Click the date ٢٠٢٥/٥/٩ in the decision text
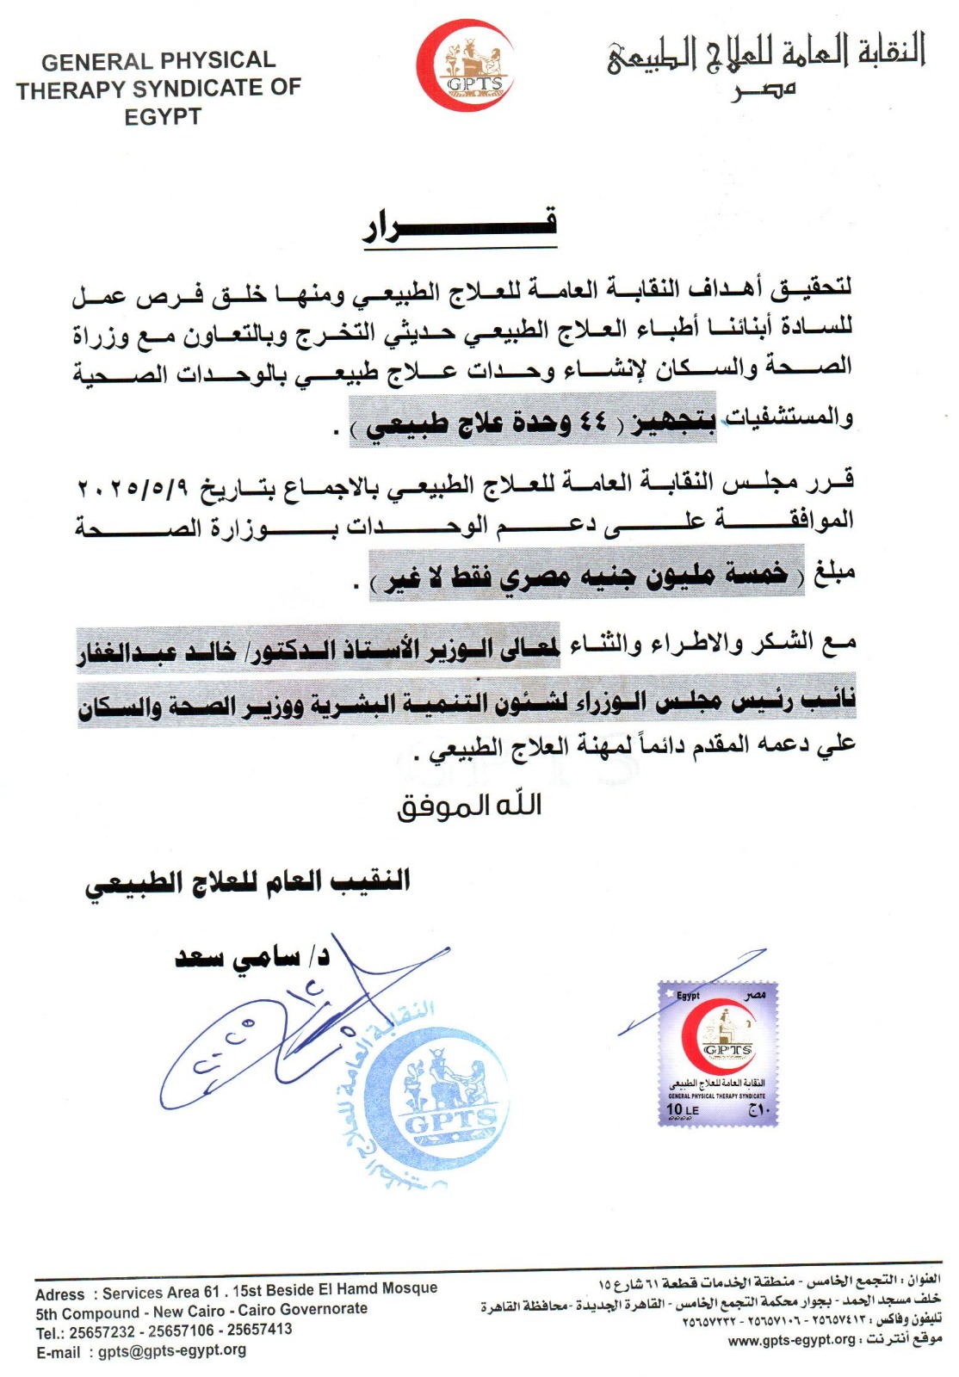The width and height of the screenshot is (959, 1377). (x=133, y=486)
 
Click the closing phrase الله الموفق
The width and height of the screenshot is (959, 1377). (x=469, y=806)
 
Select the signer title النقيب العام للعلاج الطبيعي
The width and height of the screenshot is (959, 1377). (x=248, y=882)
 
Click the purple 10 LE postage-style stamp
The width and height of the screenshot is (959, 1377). (x=718, y=1053)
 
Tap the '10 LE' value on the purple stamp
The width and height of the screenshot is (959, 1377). (x=683, y=1110)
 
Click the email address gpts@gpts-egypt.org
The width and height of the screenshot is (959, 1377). (x=172, y=1350)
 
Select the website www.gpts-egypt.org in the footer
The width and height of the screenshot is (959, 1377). (x=792, y=1340)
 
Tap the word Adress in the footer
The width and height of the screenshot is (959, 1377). (x=60, y=1294)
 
